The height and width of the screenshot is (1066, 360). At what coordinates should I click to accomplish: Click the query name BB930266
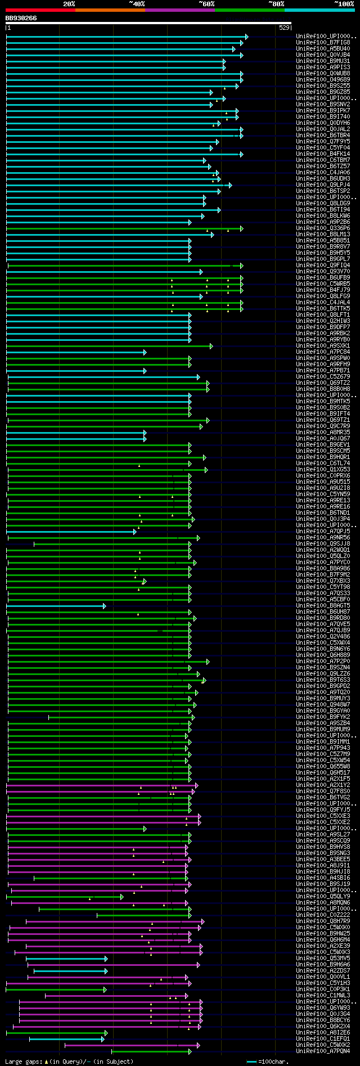point(21,18)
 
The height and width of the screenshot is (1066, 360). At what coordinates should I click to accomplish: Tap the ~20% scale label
point(69,3)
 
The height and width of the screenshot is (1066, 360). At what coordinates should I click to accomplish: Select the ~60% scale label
point(206,3)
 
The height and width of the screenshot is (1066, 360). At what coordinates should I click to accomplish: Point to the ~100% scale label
point(344,3)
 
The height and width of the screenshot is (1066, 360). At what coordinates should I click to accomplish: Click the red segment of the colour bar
point(40,10)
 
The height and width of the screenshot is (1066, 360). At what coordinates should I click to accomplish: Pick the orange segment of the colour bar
point(110,10)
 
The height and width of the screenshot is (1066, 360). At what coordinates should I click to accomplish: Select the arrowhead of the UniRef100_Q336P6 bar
point(241,228)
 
